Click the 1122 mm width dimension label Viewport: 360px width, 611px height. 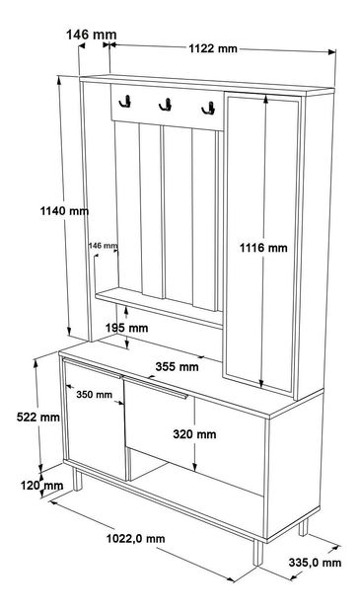point(212,48)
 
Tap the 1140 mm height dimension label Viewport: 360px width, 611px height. point(65,211)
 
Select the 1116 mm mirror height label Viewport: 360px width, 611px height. point(263,248)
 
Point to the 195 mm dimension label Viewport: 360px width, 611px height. point(127,328)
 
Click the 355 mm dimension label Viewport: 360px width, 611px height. point(177,366)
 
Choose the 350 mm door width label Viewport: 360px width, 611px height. point(94,395)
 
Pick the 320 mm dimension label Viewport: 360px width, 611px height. point(194,434)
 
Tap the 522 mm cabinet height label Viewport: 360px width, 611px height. point(38,417)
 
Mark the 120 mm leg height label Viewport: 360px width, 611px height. point(41,486)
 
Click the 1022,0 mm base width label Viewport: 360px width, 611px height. point(136,539)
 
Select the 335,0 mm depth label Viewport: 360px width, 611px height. point(315,563)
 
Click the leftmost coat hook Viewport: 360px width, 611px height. point(125,102)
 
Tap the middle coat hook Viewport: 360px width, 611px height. point(166,105)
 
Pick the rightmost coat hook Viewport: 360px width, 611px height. point(208,108)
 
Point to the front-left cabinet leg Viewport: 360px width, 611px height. point(78,480)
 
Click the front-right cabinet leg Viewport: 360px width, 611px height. point(258,552)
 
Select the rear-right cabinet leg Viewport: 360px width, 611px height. point(303,528)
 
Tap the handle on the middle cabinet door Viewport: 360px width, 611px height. point(155,387)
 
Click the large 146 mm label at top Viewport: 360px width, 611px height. point(92,35)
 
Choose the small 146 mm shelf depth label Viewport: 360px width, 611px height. point(103,246)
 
